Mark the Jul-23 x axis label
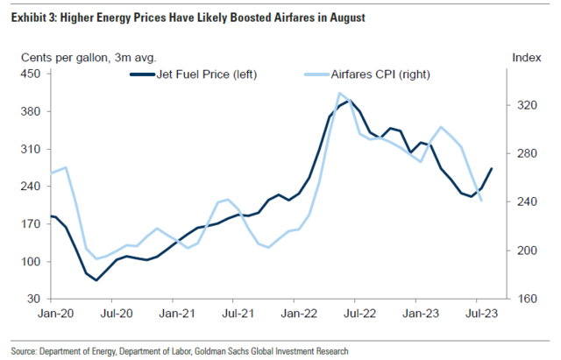pos(480,313)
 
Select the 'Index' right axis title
pos(523,58)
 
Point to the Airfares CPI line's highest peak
pos(338,93)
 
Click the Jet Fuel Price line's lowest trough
pos(96,280)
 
